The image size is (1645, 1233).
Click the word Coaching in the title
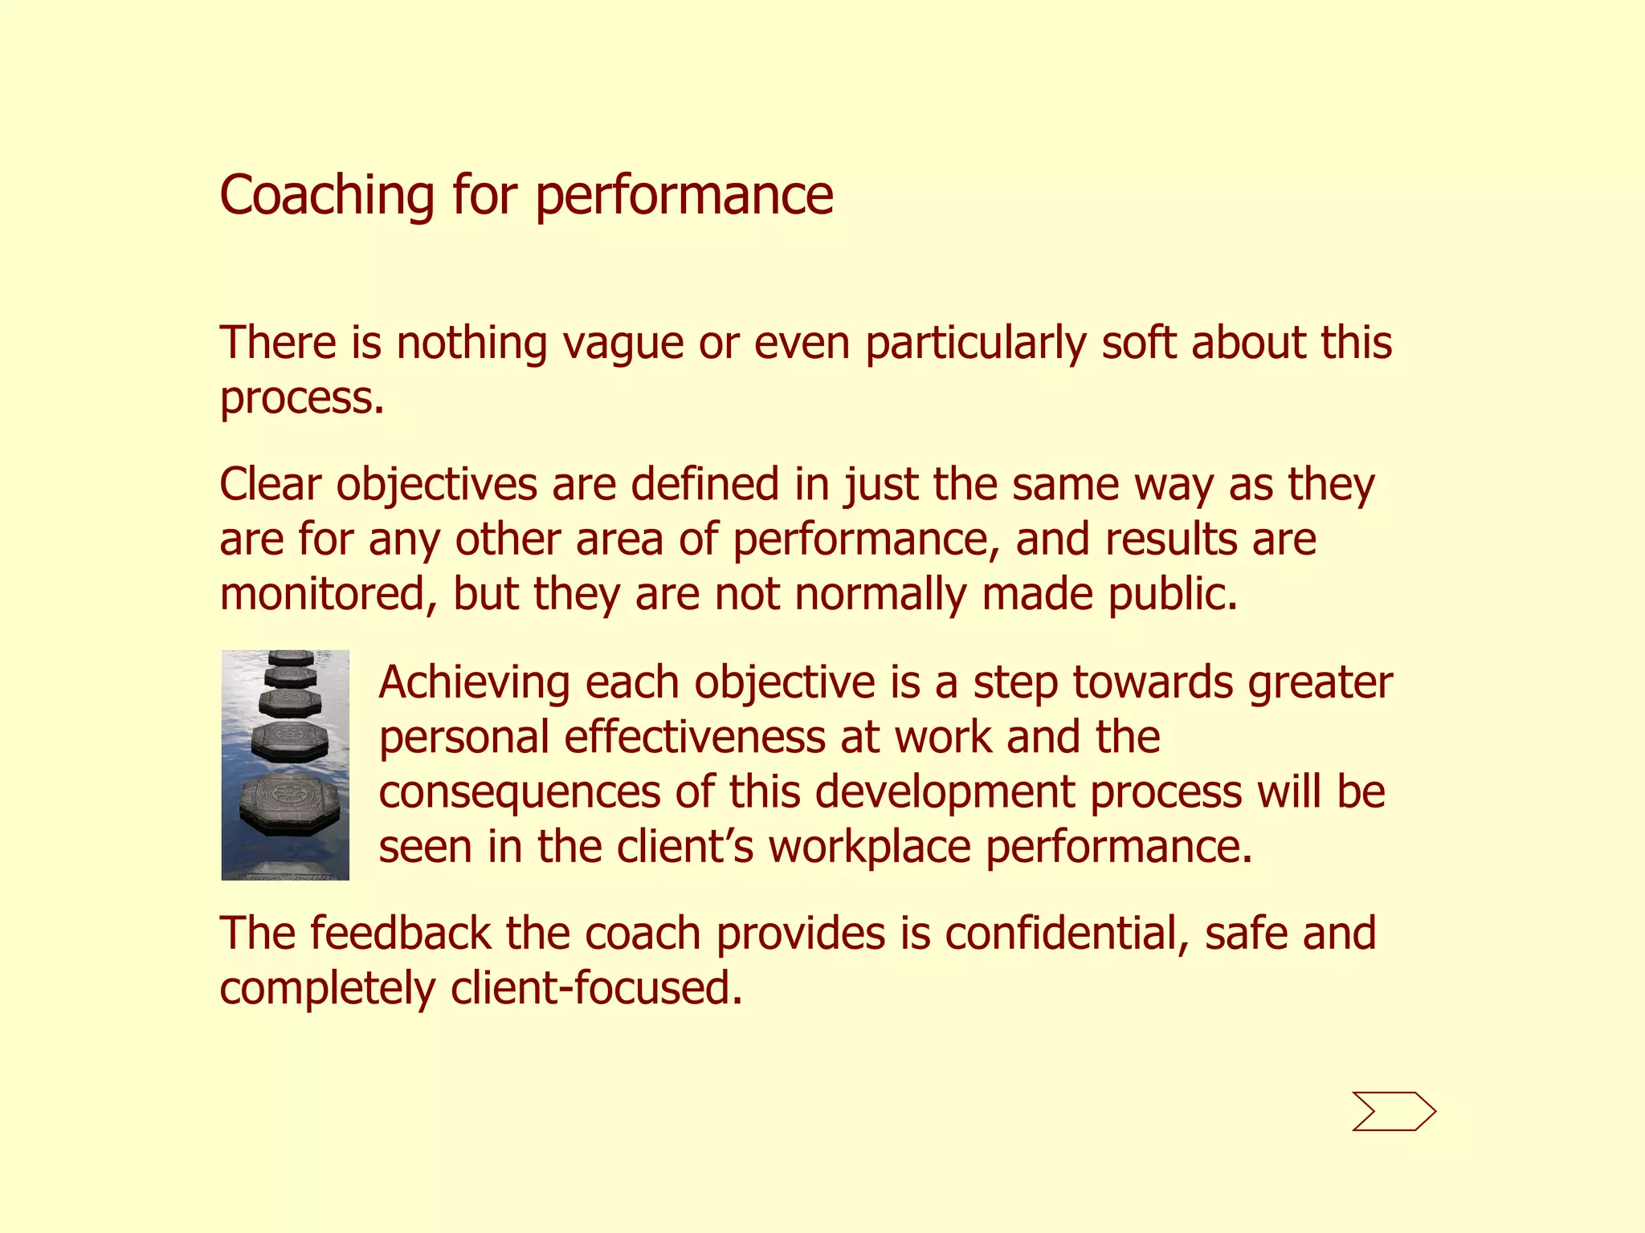(327, 196)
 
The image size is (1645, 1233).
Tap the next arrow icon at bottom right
(1394, 1112)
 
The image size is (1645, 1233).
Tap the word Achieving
(474, 684)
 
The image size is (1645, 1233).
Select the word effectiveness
(694, 738)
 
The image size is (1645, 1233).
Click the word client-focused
(596, 988)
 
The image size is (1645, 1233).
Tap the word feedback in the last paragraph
(400, 934)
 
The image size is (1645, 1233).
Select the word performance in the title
(684, 197)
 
